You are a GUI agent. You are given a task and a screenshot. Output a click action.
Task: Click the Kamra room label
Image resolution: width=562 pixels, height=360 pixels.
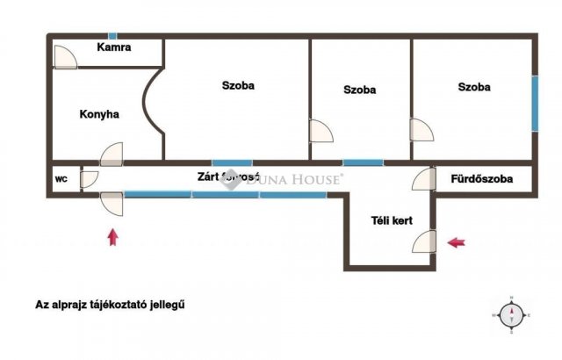tap(114, 47)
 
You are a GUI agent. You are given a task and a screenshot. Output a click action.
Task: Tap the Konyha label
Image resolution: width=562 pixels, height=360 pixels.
tap(98, 114)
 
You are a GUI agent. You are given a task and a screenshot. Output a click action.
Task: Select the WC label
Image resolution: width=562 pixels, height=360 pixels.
tap(61, 179)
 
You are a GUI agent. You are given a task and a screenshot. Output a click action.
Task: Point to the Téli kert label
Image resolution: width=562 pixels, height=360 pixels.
tap(391, 220)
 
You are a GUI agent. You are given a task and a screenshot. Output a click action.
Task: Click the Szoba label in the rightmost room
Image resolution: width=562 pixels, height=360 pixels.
tap(473, 87)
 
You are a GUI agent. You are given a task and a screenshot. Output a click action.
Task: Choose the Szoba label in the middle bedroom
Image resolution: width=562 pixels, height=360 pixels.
tap(359, 90)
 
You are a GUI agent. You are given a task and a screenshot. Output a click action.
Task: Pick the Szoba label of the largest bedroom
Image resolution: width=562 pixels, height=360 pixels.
tap(238, 86)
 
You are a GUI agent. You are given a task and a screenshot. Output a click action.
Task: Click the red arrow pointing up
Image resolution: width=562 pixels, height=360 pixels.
tap(112, 236)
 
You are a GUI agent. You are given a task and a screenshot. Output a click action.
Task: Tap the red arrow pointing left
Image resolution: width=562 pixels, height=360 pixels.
tap(457, 242)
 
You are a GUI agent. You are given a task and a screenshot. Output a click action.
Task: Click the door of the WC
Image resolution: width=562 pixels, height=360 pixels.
tap(89, 180)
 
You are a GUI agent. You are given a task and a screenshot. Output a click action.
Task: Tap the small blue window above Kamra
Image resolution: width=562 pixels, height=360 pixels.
tap(112, 36)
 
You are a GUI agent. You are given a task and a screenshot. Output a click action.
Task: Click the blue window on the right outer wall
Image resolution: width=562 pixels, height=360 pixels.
tap(533, 104)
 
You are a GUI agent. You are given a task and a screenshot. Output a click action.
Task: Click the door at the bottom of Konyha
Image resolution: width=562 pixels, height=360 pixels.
tap(112, 156)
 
